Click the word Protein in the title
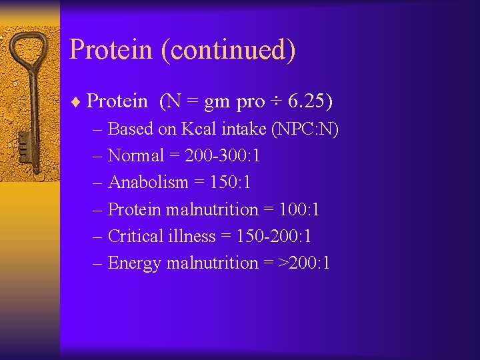pyautogui.click(x=110, y=50)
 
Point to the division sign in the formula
pyautogui.click(x=275, y=101)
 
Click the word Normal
pyautogui.click(x=135, y=155)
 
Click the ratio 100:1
pyautogui.click(x=299, y=209)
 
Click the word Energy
pyautogui.click(x=134, y=263)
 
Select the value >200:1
pyautogui.click(x=303, y=263)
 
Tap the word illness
pyautogui.click(x=191, y=236)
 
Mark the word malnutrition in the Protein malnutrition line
pyautogui.click(x=211, y=209)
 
